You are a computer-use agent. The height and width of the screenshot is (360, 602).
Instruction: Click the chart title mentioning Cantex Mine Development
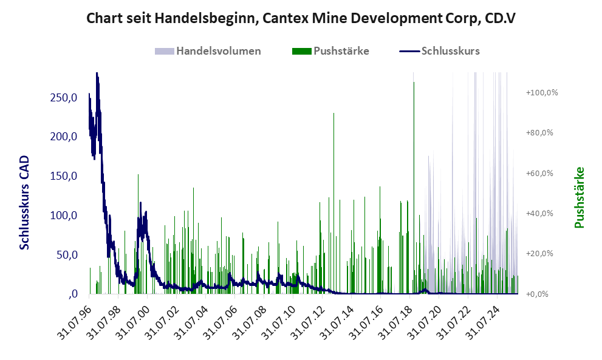(301, 18)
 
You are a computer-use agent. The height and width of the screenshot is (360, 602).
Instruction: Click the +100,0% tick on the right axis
(542, 93)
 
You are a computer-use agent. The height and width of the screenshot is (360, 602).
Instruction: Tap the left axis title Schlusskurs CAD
(25, 203)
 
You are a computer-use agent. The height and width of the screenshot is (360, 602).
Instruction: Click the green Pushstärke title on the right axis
(579, 198)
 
